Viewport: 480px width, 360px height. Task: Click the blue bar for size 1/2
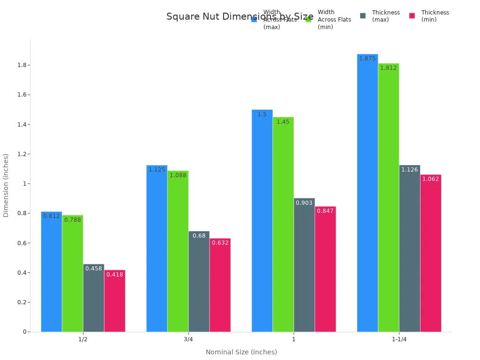coord(51,272)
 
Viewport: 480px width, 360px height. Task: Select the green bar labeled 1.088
coord(178,251)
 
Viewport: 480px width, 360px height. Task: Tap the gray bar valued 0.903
coord(304,265)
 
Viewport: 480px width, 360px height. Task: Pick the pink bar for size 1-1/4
coord(430,253)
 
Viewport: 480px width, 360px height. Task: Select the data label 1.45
coord(283,122)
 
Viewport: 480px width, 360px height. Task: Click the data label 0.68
coord(199,236)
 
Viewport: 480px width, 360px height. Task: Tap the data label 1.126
coord(409,170)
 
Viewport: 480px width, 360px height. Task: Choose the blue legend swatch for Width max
coord(254,19)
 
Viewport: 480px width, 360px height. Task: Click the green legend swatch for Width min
coord(308,19)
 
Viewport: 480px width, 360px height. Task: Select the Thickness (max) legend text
coord(386,16)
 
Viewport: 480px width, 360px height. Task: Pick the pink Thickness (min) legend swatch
coord(412,16)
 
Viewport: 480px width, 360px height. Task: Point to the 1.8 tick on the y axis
coord(22,65)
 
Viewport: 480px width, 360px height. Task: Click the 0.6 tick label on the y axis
coord(22,243)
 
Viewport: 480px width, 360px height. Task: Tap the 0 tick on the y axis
coord(24,332)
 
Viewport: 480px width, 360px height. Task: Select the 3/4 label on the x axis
coord(188,339)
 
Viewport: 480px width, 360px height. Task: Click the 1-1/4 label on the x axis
coord(399,339)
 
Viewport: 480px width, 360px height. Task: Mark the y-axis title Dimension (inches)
coord(6,185)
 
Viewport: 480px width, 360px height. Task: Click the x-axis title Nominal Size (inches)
coord(241,352)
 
